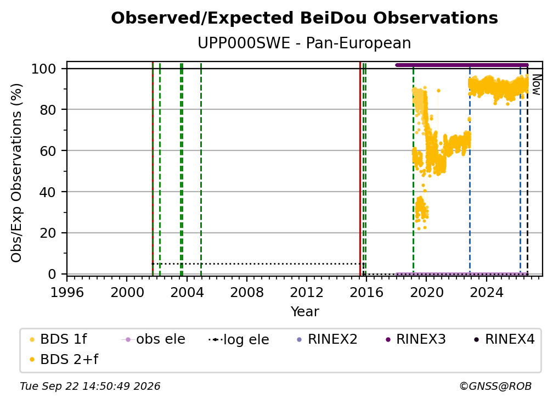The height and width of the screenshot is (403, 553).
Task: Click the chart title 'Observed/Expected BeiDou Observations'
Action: pos(304,18)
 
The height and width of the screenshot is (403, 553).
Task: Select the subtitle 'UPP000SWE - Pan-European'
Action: pos(304,43)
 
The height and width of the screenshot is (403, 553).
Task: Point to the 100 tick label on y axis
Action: pos(44,69)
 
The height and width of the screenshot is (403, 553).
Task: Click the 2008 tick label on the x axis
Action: pos(246,292)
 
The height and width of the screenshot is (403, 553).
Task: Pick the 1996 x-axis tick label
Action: pos(67,292)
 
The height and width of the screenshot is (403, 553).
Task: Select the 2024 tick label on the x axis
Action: pos(486,292)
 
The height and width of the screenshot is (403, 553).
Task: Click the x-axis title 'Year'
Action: pos(304,312)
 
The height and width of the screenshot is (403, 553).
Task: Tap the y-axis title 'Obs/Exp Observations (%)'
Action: pos(16,173)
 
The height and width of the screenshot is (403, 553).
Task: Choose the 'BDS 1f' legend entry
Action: pos(59,339)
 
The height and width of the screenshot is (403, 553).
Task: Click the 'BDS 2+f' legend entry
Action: pos(64,359)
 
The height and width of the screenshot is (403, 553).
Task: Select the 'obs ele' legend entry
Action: pos(154,339)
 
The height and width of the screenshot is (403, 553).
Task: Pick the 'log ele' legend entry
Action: pos(239,339)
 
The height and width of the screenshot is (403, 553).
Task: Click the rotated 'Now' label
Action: pos(536,85)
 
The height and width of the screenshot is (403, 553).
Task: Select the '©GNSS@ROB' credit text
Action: pos(495,386)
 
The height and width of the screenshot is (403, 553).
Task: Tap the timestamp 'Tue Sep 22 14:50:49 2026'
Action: pos(90,386)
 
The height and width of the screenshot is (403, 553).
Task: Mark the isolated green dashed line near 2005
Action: pos(201,169)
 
